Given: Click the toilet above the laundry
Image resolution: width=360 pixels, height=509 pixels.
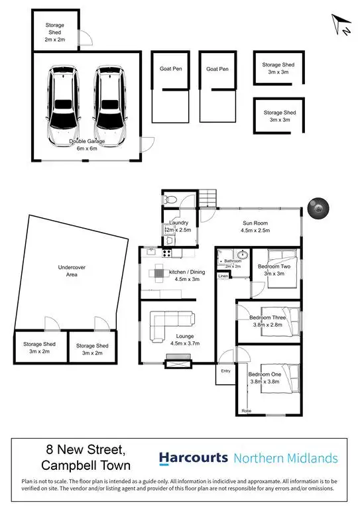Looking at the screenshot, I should pyautogui.click(x=170, y=198).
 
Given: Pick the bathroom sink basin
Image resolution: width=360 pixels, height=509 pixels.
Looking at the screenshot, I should pyautogui.click(x=241, y=256).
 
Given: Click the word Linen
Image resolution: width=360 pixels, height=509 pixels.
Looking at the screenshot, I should pyautogui.click(x=223, y=276).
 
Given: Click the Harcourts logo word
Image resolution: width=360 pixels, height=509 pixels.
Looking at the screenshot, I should pyautogui.click(x=193, y=459).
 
